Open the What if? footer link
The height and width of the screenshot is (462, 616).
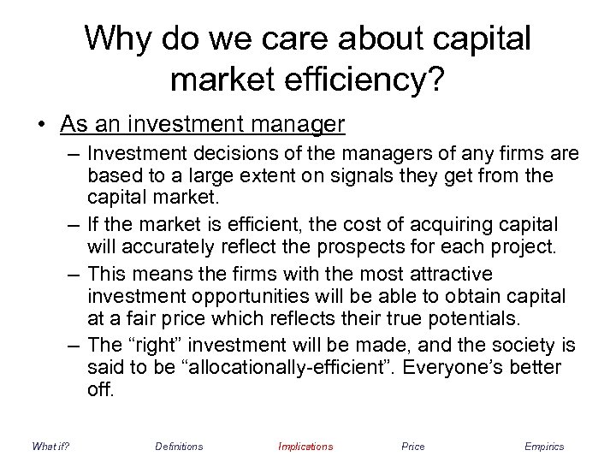(x=50, y=447)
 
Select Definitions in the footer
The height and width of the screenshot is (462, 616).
(x=179, y=447)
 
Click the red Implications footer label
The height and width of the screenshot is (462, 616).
(x=305, y=447)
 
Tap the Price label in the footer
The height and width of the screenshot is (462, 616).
(x=412, y=447)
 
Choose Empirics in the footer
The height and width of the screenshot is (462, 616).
(x=544, y=447)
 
